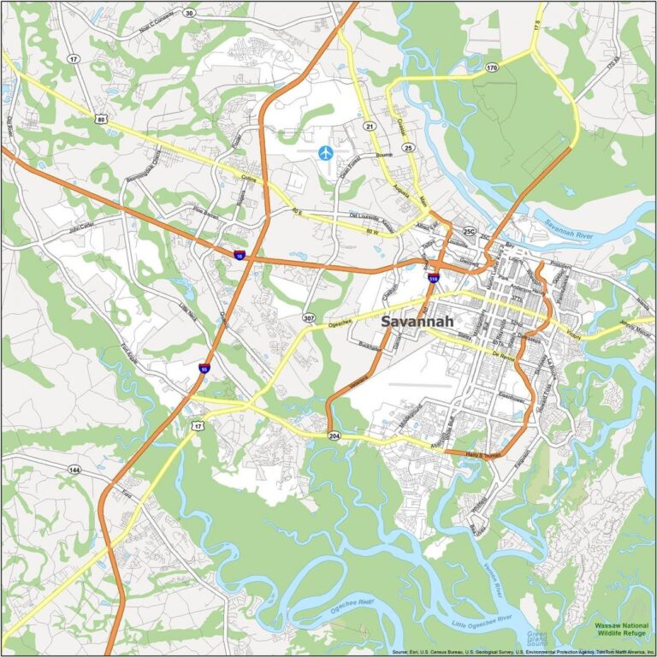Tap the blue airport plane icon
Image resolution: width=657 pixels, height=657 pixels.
coord(325,152)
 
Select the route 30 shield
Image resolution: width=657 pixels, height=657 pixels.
coord(189,13)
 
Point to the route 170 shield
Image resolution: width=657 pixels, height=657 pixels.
coord(491,67)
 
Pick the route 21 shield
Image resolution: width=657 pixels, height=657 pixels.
coord(370,126)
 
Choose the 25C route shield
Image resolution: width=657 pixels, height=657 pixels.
coord(468,231)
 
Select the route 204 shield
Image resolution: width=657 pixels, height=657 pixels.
coord(334,436)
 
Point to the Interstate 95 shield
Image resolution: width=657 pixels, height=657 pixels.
coord(204,368)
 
